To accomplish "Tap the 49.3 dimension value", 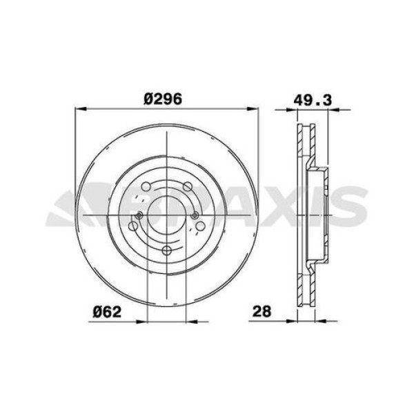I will point(309,99).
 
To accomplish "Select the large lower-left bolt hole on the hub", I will point(134,226).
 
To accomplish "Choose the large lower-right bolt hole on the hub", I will point(201,226).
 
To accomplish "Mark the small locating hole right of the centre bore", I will point(195,215).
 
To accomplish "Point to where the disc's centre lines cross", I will point(168,215).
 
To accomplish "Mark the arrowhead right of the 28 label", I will point(293,320).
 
